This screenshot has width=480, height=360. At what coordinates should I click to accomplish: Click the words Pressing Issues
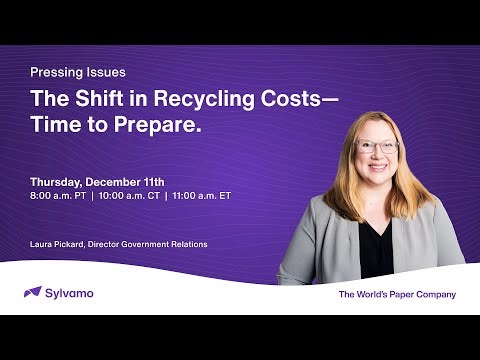coord(78,72)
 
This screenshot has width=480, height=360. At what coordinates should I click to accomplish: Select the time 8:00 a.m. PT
coord(57,195)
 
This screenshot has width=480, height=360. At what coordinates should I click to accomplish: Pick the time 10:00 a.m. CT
coord(129,195)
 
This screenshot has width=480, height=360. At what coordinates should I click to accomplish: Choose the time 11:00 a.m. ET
coord(201,195)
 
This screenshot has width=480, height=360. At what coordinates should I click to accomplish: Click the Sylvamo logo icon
coord(32,292)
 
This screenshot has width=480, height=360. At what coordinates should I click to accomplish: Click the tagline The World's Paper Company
coord(397,294)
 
